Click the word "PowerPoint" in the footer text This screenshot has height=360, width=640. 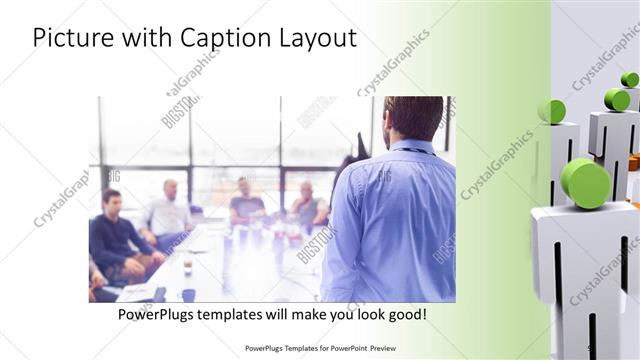(x=342, y=349)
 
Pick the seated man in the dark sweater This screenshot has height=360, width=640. (x=114, y=235)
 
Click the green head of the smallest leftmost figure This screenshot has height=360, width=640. (x=551, y=111)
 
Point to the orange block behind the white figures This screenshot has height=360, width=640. (x=633, y=161)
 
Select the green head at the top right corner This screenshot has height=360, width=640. (x=630, y=79)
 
